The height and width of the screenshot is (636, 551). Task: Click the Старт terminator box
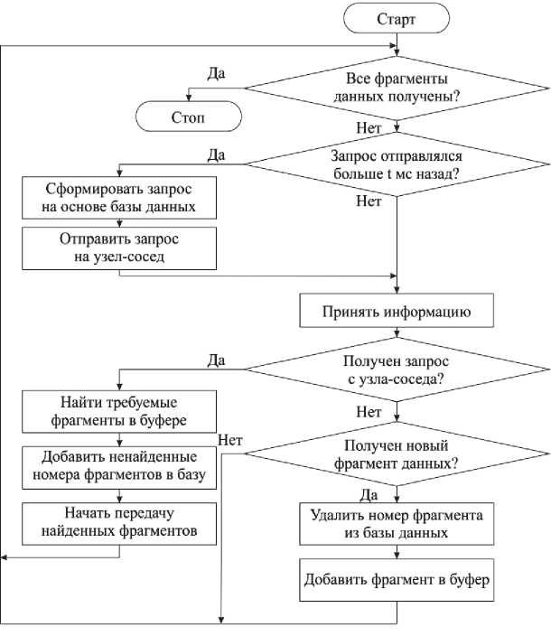(x=396, y=19)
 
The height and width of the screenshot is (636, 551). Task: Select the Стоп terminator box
(x=189, y=117)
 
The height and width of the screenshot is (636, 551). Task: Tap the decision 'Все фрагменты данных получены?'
(x=397, y=86)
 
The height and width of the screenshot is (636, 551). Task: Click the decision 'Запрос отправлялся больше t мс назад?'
(x=397, y=164)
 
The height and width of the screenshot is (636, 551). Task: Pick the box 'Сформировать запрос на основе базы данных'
(x=119, y=198)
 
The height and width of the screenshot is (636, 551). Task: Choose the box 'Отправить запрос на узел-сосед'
(x=119, y=248)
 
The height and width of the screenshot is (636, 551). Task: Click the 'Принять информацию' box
(x=397, y=313)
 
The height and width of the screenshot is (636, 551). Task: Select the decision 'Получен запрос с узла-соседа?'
(x=397, y=370)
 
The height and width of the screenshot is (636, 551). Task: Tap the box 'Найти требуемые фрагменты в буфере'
(x=119, y=412)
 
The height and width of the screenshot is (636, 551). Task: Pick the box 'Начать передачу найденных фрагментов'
(x=119, y=525)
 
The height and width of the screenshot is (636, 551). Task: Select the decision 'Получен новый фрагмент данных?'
(x=397, y=454)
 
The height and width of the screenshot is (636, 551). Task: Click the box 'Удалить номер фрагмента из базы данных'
(x=397, y=524)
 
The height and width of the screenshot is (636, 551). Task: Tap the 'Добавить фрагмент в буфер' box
(x=397, y=580)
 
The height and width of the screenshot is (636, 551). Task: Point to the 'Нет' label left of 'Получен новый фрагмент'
(x=229, y=439)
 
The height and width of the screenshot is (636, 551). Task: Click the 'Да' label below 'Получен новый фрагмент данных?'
(x=369, y=495)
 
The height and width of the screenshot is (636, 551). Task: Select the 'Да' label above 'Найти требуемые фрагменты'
(x=216, y=360)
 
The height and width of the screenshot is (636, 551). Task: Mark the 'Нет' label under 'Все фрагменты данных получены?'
(x=369, y=128)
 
